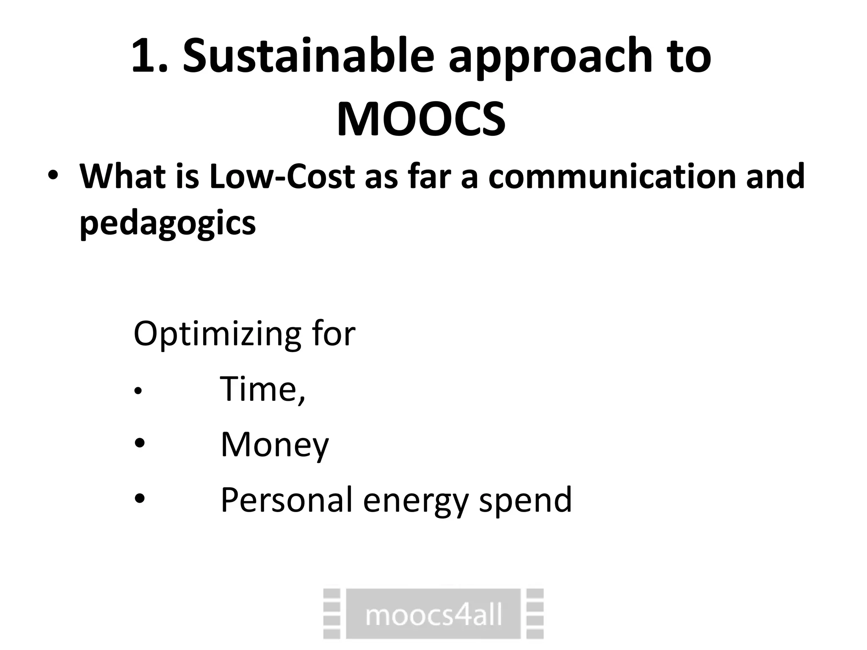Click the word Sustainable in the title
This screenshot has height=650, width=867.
[x=308, y=56]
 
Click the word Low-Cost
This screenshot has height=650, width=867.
[x=282, y=176]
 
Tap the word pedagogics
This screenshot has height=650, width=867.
[x=168, y=223]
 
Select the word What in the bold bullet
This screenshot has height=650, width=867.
[x=123, y=176]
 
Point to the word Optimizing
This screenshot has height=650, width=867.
[x=217, y=334]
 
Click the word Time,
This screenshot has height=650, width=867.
[x=262, y=389]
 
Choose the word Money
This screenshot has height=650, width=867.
[x=274, y=445]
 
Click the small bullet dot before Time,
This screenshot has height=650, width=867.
[x=137, y=392]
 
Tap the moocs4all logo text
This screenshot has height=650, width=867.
[x=433, y=615]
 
